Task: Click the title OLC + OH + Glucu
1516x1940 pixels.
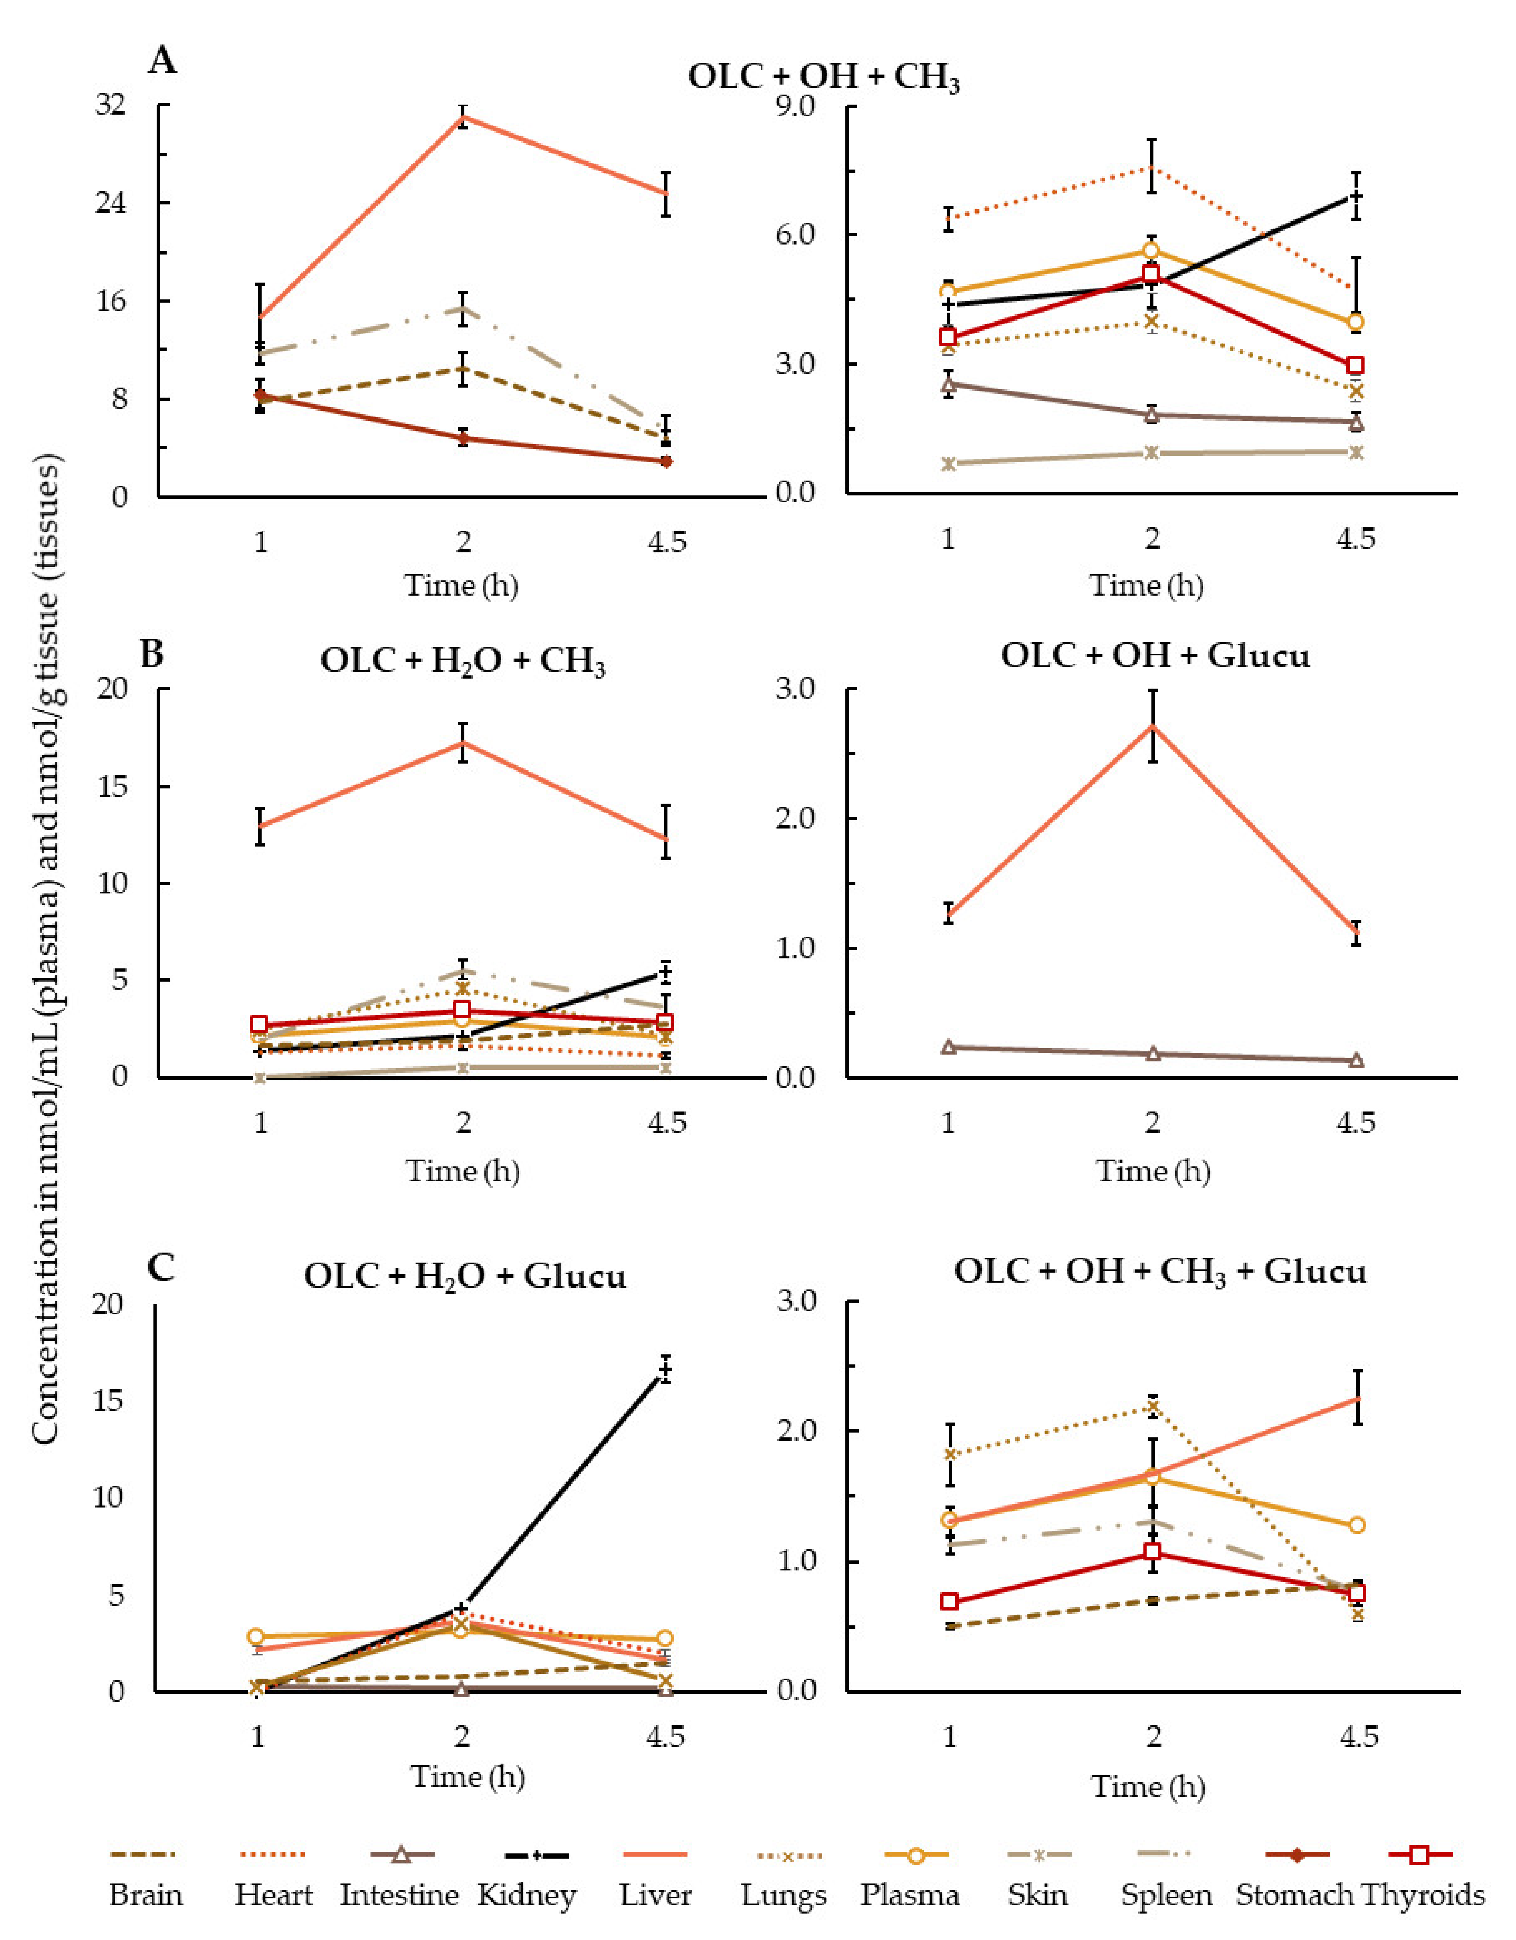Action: pyautogui.click(x=1155, y=655)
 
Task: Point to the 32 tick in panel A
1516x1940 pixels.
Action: pyautogui.click(x=111, y=105)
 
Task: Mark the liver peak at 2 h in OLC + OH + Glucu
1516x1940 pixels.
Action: pyautogui.click(x=1152, y=726)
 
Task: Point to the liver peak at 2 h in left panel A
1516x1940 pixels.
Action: pyautogui.click(x=463, y=116)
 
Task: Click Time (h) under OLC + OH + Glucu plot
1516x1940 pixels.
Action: pyautogui.click(x=1153, y=1171)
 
